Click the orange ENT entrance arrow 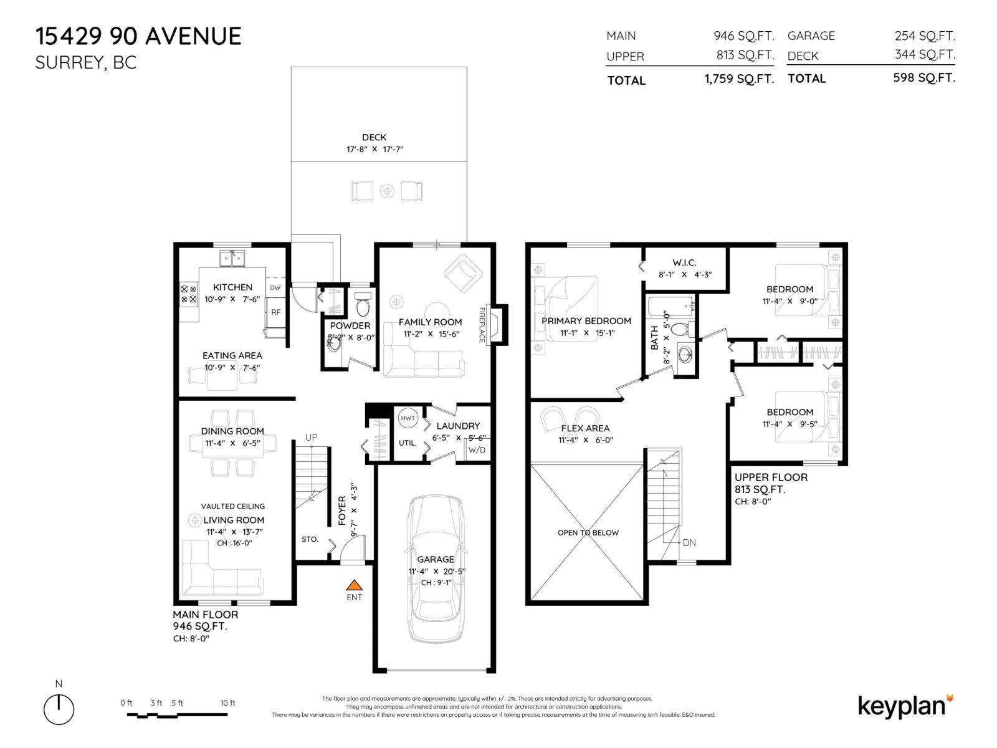(354, 585)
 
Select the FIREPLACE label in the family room (482, 324)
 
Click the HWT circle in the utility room (408, 418)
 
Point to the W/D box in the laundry (477, 450)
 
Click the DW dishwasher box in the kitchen (275, 287)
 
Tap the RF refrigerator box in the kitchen (275, 312)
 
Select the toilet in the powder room (363, 306)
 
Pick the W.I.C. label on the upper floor (684, 263)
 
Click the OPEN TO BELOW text (588, 532)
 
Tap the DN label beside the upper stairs (689, 542)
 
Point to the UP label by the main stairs (311, 437)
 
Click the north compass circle (59, 709)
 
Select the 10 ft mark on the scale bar (228, 703)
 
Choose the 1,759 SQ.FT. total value (739, 79)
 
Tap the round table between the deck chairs (388, 191)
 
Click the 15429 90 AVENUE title (138, 36)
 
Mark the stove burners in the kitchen (188, 294)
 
